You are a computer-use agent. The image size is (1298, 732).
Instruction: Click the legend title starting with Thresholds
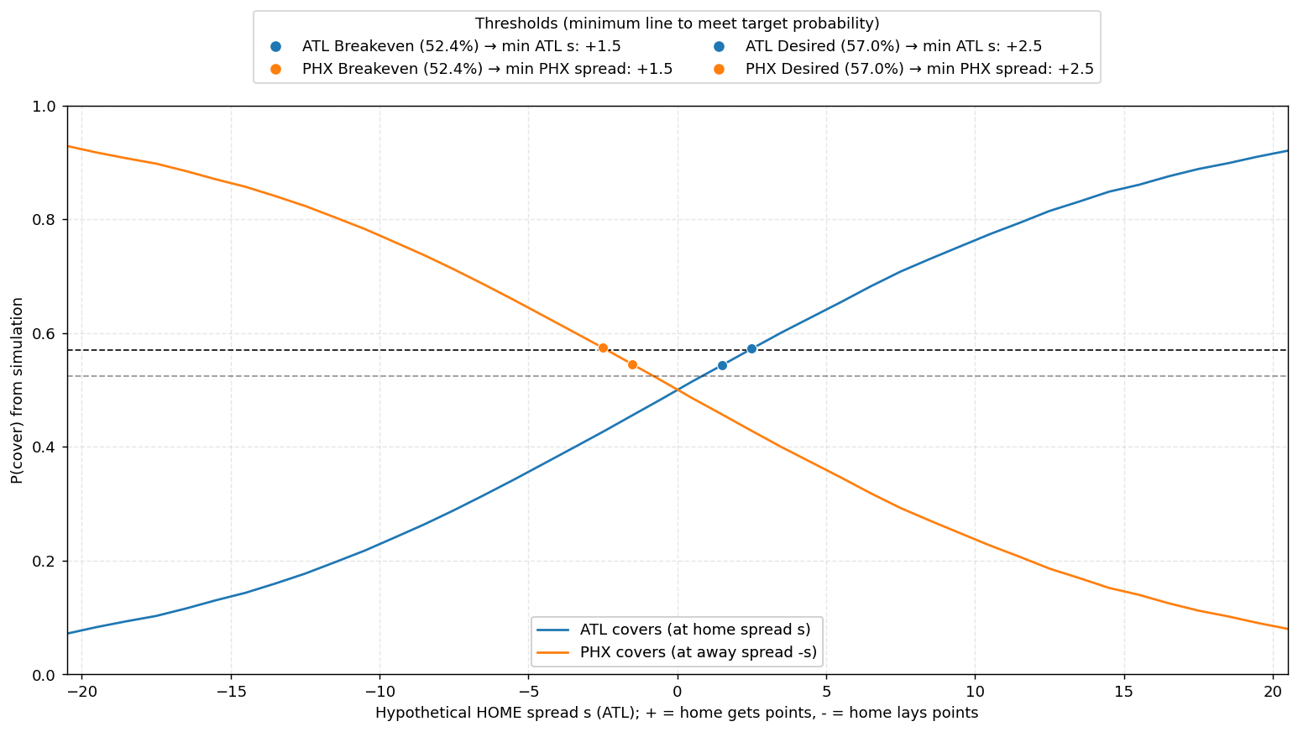pyautogui.click(x=677, y=24)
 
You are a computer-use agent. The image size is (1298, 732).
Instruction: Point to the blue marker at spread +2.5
pyautogui.click(x=751, y=348)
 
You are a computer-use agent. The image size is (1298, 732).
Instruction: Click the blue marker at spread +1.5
pyautogui.click(x=722, y=365)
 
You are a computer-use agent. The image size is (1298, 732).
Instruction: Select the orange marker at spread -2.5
pyautogui.click(x=603, y=348)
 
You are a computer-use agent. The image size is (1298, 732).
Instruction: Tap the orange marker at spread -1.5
pyautogui.click(x=632, y=364)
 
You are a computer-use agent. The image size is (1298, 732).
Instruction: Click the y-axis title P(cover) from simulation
pyautogui.click(x=17, y=390)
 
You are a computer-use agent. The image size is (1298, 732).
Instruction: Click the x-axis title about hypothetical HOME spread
pyautogui.click(x=677, y=714)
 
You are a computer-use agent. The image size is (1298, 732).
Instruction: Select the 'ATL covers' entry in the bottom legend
pyautogui.click(x=688, y=629)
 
